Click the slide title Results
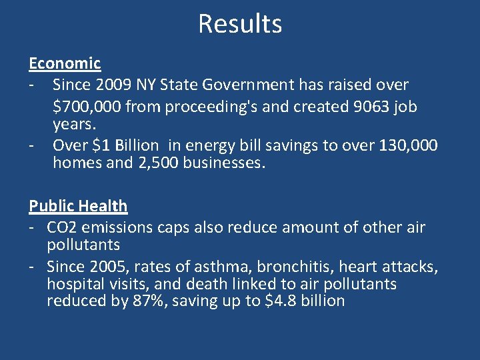tap(240, 24)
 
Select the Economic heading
tap(65, 63)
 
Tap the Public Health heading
tap(78, 206)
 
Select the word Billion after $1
tap(133, 145)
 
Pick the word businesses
tap(225, 163)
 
